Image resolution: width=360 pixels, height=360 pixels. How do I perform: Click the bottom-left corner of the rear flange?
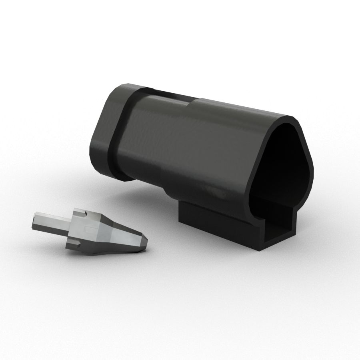(x=96, y=164)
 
